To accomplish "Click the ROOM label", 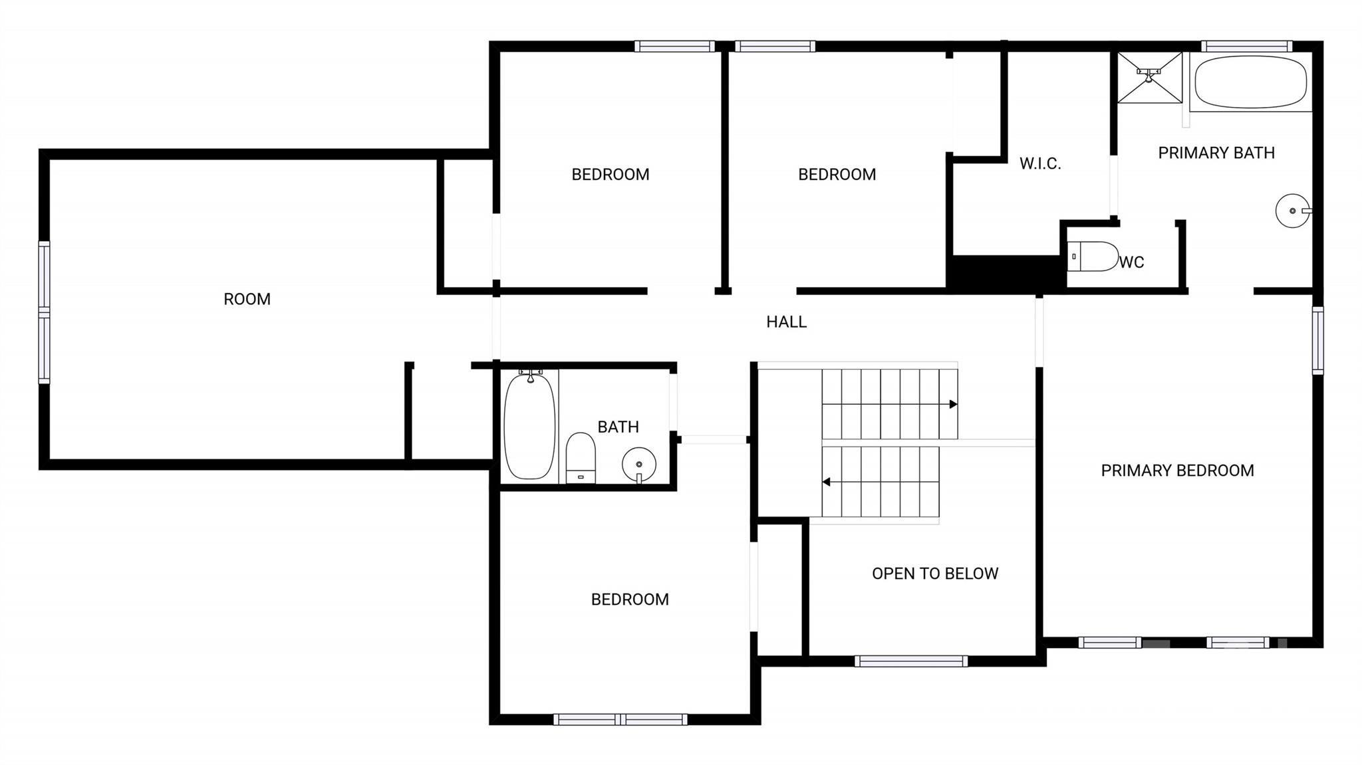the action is [247, 299].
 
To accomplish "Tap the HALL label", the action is [786, 322].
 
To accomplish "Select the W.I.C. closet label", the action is [1040, 164].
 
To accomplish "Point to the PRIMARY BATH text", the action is [1216, 153].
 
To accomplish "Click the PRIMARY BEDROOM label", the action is [1177, 471].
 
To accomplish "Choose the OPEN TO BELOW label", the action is [935, 574].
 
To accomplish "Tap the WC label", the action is [1131, 263].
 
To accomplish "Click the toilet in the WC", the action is [1093, 257].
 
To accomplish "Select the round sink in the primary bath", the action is [1293, 211].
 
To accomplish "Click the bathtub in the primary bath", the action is [1251, 82].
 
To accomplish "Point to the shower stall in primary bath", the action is [1149, 78].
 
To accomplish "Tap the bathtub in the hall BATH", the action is [529, 425].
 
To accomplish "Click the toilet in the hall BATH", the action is [581, 458].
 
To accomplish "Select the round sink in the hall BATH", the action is [639, 465].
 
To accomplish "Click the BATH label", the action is [618, 427].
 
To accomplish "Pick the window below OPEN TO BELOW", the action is [911, 661].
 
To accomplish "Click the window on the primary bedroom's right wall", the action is [1317, 340].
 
